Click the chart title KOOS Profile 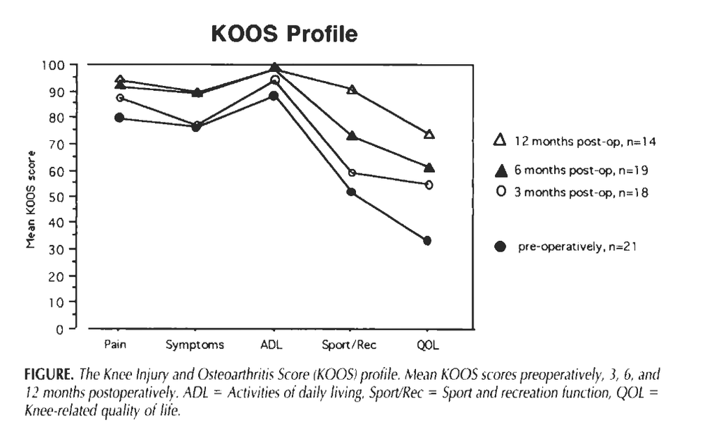pyautogui.click(x=284, y=34)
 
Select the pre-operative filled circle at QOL pyautogui.click(x=427, y=241)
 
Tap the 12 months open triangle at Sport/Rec pyautogui.click(x=352, y=89)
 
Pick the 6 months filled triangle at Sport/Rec pyautogui.click(x=352, y=135)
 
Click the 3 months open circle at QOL pyautogui.click(x=429, y=185)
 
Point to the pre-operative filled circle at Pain pyautogui.click(x=119, y=118)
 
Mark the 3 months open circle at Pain pyautogui.click(x=120, y=97)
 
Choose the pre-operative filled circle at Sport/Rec pyautogui.click(x=351, y=192)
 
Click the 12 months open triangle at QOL pyautogui.click(x=429, y=134)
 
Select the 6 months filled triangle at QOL pyautogui.click(x=429, y=168)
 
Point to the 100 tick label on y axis pyautogui.click(x=54, y=66)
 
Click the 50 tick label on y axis pyautogui.click(x=56, y=197)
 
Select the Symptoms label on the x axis pyautogui.click(x=195, y=345)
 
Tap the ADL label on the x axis pyautogui.click(x=271, y=345)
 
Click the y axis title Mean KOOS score pyautogui.click(x=30, y=199)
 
